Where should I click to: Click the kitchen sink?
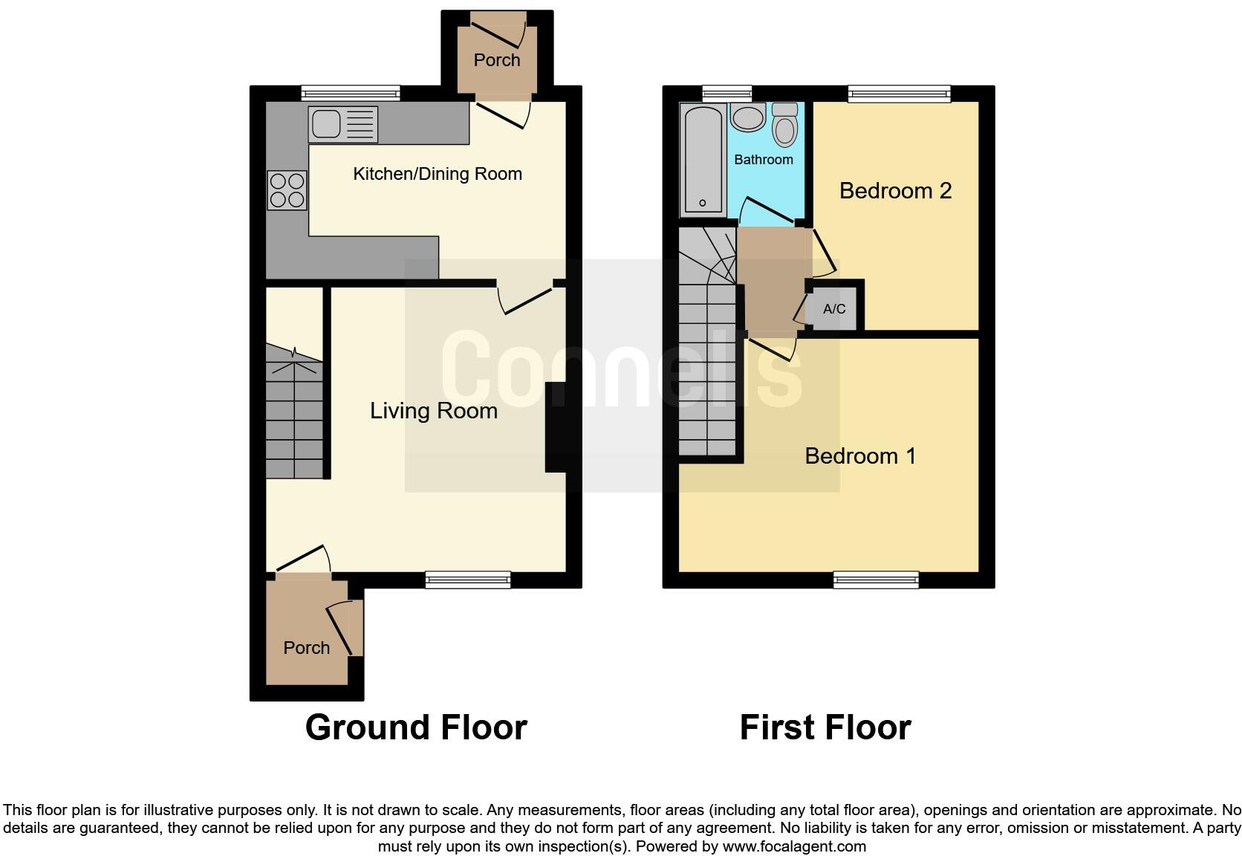tap(342, 124)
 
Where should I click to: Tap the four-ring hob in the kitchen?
tap(287, 190)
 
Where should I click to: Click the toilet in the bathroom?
tap(784, 125)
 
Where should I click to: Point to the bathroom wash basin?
tap(748, 118)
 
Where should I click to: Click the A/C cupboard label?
tap(834, 309)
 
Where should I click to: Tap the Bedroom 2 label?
tap(895, 191)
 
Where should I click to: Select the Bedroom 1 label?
tap(860, 455)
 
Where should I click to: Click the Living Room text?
tap(434, 411)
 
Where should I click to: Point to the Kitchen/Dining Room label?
tap(438, 174)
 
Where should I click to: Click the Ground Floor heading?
tap(416, 727)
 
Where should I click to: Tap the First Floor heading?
tap(825, 727)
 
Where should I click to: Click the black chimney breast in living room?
tap(556, 427)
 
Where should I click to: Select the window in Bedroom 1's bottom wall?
tap(876, 580)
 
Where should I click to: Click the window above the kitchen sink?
tap(351, 93)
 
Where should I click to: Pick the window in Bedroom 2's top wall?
tap(899, 93)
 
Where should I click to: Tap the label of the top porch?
tap(497, 60)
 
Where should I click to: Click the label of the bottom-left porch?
tap(306, 648)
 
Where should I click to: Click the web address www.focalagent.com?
tap(794, 846)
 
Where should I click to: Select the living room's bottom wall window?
tap(468, 580)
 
